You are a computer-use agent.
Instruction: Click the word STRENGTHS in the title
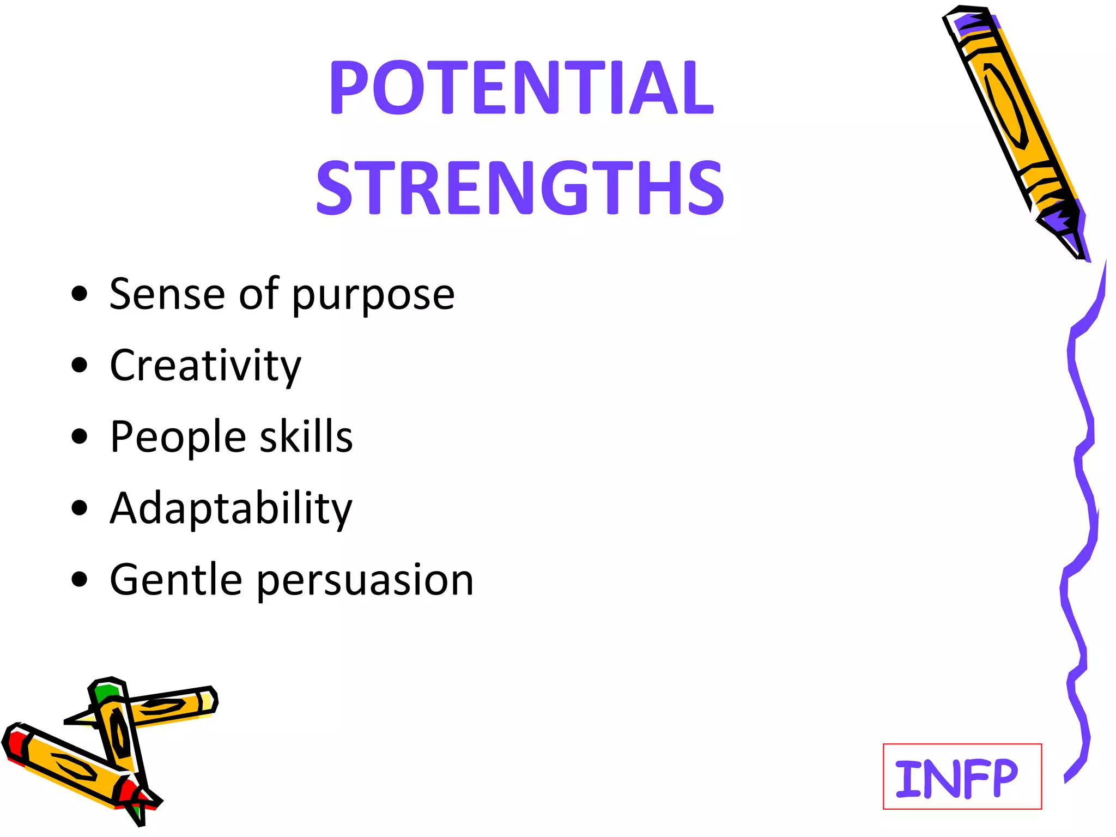(520, 188)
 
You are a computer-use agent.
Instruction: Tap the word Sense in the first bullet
(167, 294)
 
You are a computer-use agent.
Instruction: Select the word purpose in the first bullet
(373, 297)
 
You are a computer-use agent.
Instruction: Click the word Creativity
(205, 366)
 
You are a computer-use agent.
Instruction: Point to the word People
(178, 438)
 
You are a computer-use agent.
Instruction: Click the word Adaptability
(231, 509)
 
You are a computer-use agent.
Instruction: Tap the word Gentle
(176, 580)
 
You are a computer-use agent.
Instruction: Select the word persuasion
(365, 581)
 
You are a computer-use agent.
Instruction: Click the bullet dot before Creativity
(80, 366)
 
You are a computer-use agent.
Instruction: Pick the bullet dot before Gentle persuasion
(80, 580)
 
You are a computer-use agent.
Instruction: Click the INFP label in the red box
(956, 779)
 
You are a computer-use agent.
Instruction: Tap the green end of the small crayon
(106, 693)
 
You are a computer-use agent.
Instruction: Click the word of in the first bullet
(259, 294)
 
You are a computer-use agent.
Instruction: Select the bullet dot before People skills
(80, 437)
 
